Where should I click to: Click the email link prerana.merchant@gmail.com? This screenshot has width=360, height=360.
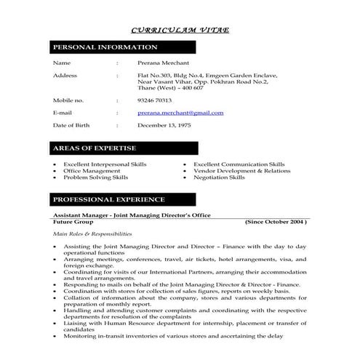(x=180, y=113)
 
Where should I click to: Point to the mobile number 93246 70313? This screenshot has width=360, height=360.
(x=154, y=100)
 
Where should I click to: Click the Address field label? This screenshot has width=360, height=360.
(x=65, y=75)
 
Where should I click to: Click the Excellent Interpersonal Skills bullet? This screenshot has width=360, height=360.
(x=105, y=164)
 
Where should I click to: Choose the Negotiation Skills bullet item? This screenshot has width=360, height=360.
(x=219, y=177)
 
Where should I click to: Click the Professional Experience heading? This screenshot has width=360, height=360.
(x=109, y=199)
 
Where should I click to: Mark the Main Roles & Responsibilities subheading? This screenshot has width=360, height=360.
(x=92, y=234)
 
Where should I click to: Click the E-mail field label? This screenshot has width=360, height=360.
(x=63, y=113)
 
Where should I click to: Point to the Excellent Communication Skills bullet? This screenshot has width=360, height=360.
(x=239, y=164)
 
